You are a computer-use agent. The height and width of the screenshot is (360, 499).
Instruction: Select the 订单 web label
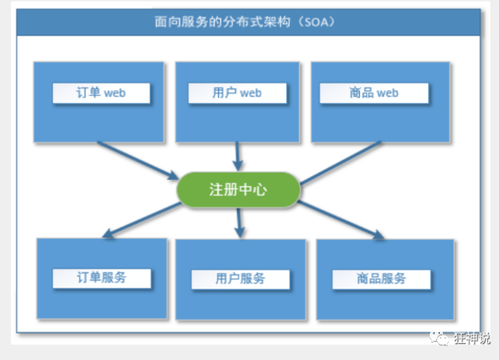coord(101,94)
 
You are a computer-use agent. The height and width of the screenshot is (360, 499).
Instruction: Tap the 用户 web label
coord(237,94)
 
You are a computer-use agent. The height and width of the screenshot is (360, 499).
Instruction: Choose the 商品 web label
coord(374,94)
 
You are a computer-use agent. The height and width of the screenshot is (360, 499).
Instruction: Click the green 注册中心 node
coord(238,190)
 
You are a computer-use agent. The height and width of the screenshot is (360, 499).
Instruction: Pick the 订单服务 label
coord(102,278)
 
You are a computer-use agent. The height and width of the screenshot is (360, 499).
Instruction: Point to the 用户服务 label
coord(240,279)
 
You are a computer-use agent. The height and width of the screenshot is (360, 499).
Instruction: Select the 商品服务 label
coord(380,279)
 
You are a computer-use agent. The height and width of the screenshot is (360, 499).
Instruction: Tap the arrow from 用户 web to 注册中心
coord(237,155)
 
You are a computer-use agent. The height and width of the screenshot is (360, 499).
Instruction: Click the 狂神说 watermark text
coord(473,339)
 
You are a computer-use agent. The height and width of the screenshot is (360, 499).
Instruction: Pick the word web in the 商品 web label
coord(387,94)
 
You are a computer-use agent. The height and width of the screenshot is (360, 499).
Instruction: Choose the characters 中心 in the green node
coord(253,190)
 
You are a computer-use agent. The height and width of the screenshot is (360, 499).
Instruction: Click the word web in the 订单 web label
coord(115,94)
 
